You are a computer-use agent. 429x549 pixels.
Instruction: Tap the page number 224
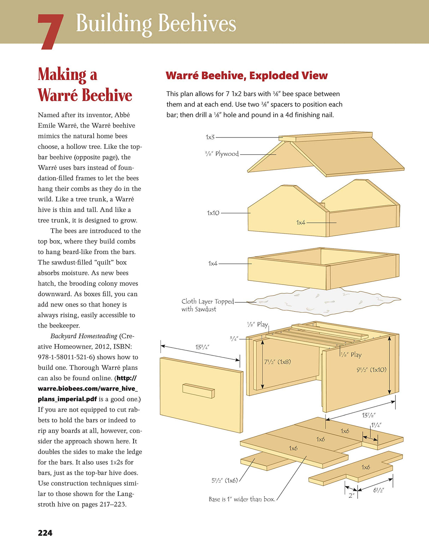click(x=45, y=533)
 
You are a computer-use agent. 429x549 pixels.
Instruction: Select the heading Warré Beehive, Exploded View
click(x=246, y=76)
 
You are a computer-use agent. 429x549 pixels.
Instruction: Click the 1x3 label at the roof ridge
click(x=210, y=137)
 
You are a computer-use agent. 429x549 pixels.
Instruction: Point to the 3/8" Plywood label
click(x=222, y=154)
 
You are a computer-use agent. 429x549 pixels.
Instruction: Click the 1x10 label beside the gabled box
click(x=213, y=213)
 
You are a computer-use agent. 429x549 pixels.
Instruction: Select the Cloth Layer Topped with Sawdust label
click(x=207, y=305)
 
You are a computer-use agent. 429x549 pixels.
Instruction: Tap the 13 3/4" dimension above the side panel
click(x=202, y=347)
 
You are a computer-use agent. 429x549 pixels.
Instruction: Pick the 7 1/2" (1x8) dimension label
click(x=277, y=362)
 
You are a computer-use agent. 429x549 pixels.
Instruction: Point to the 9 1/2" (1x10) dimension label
click(x=371, y=370)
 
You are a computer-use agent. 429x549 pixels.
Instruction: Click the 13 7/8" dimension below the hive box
click(x=369, y=415)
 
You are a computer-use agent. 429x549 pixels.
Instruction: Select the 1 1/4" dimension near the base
click(x=376, y=425)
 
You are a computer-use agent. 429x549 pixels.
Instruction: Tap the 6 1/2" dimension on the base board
click(x=378, y=490)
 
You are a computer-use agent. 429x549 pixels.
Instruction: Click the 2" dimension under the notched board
click(x=351, y=495)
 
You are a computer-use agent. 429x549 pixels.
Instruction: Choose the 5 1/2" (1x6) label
click(x=224, y=480)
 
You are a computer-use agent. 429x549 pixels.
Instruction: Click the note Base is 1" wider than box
click(x=242, y=499)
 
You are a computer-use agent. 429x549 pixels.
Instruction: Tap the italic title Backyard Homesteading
click(x=84, y=336)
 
